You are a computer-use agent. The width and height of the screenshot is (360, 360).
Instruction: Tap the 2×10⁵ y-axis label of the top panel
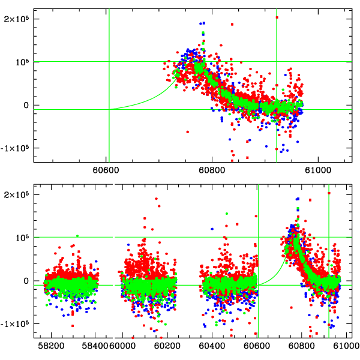coord(18,19)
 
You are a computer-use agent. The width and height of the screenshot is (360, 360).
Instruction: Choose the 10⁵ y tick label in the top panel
coord(22,62)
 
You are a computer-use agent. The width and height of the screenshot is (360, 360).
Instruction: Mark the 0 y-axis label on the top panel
coord(28,105)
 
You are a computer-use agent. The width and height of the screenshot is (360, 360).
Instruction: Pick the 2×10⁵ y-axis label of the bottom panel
coord(18,194)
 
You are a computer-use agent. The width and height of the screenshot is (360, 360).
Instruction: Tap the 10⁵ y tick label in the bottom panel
coord(22,238)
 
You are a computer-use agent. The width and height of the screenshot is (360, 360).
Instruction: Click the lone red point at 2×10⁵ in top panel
coord(277,17)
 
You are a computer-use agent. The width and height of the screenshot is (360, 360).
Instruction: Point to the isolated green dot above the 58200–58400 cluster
coord(77,236)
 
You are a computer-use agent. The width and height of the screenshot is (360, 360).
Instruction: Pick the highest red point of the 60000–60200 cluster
coord(157,199)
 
